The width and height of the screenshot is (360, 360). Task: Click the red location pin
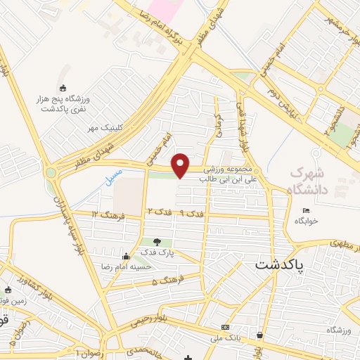pyautogui.click(x=181, y=165)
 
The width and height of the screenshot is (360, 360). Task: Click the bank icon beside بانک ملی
pyautogui.click(x=225, y=328)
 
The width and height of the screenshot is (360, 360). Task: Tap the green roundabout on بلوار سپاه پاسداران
pyautogui.click(x=51, y=172)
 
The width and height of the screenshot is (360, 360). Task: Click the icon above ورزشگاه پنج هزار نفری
pyautogui.click(x=63, y=88)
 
